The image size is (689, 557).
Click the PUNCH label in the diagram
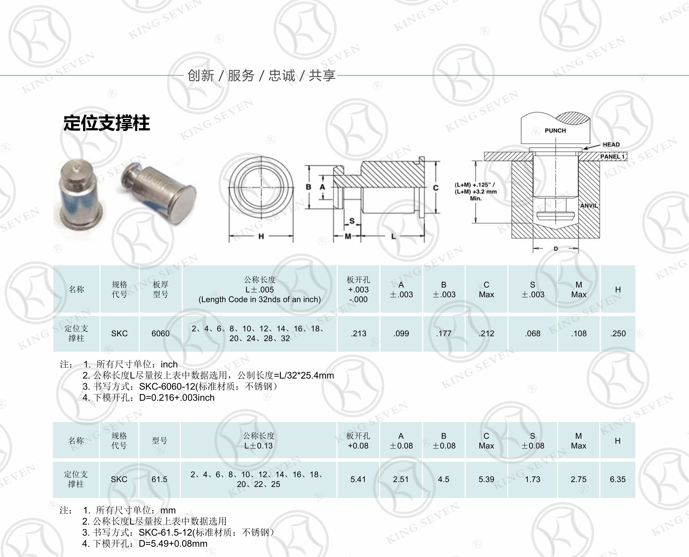[555, 131]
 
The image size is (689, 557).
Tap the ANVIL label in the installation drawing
[589, 206]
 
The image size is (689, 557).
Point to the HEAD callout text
[611, 144]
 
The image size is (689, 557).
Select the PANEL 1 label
[612, 157]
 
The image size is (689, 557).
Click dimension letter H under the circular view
[261, 236]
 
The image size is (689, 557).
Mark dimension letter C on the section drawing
[435, 188]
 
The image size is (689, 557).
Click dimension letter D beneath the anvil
[556, 249]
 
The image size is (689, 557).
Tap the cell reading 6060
[161, 333]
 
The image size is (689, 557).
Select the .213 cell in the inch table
[358, 333]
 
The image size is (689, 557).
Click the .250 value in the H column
[618, 333]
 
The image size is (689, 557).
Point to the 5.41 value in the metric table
[358, 479]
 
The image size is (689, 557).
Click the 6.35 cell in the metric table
[617, 479]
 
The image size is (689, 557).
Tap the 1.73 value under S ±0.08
[532, 479]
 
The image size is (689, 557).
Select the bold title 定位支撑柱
[107, 123]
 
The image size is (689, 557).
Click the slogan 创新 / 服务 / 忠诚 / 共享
[261, 75]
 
